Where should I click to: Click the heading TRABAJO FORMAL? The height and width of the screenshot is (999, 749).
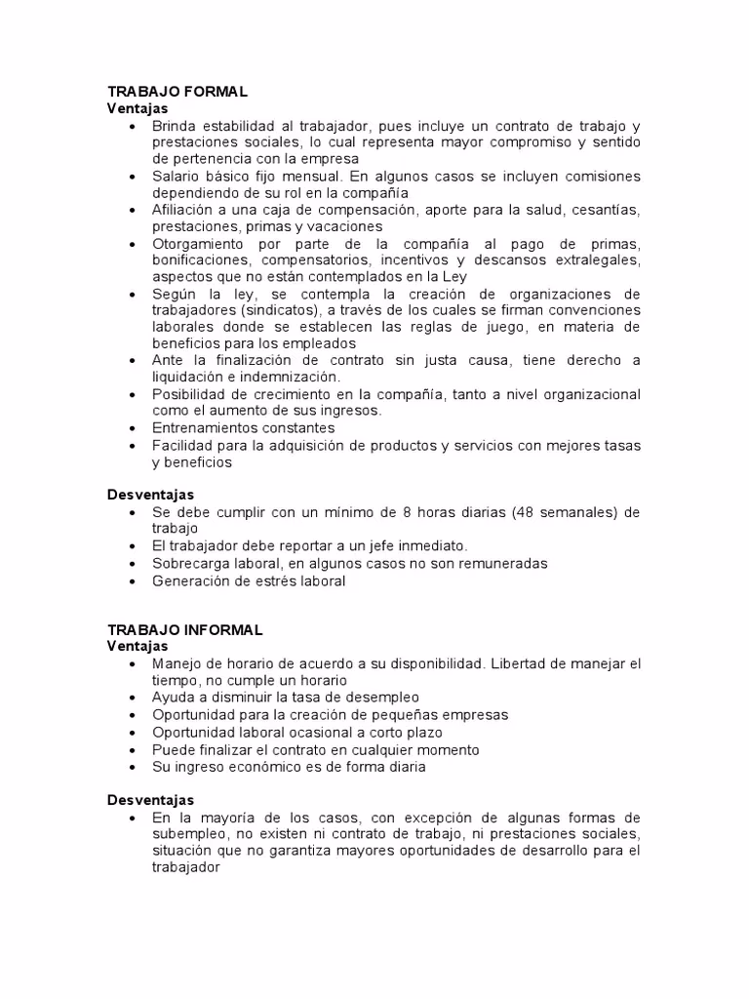pos(177,92)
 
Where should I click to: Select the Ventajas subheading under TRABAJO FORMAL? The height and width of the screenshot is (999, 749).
pos(138,108)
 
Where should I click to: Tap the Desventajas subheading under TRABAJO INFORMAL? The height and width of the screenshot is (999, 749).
pos(151,800)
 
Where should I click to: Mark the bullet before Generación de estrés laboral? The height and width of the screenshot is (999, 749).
pos(132,581)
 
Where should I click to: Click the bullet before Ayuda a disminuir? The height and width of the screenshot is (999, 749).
pos(132,699)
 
